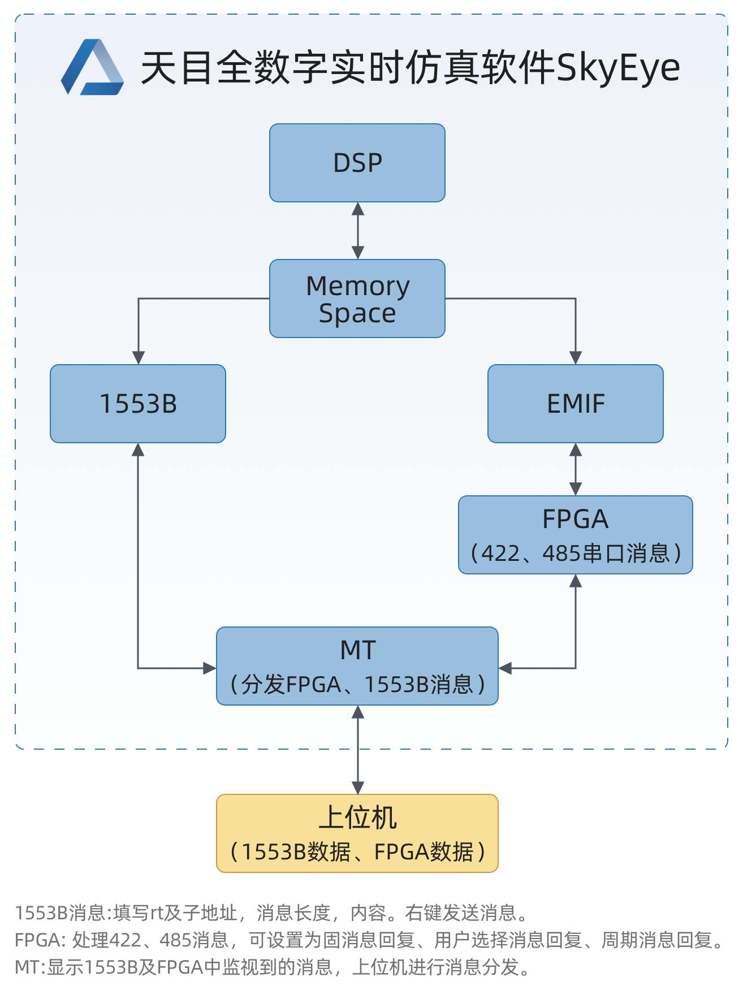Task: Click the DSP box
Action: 357,163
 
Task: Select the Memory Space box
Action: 357,299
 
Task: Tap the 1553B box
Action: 138,404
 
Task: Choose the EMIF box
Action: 576,404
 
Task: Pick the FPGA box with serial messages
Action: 576,535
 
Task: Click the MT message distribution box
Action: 357,666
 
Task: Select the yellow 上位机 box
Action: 357,833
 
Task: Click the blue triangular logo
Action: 92,68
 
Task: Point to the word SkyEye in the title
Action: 618,68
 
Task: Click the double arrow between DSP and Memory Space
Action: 358,231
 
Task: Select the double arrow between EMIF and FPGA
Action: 576,469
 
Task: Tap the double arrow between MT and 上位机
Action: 358,750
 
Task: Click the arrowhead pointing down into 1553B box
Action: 139,358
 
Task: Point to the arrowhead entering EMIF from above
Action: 576,358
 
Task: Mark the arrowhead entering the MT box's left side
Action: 210,668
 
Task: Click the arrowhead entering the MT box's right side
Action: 505,668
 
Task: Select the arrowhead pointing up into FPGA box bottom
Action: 576,581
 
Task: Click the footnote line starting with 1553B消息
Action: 271,913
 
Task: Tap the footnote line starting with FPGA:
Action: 369,940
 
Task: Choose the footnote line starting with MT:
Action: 273,967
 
